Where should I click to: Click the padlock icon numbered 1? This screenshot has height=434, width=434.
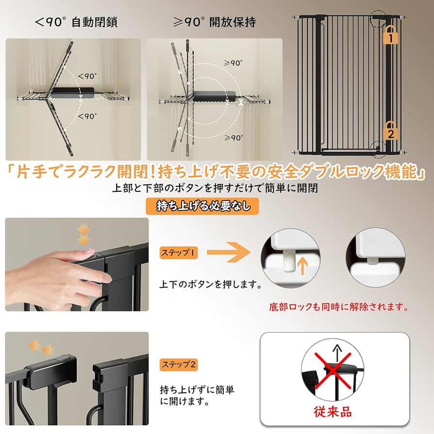389,35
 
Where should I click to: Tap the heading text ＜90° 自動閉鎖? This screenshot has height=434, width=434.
76,22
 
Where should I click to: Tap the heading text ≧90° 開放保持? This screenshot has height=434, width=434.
214,22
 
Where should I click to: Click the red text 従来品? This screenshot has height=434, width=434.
333,413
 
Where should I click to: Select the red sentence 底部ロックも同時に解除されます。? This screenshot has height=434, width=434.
338,307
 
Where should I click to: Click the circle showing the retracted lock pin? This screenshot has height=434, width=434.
374,253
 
